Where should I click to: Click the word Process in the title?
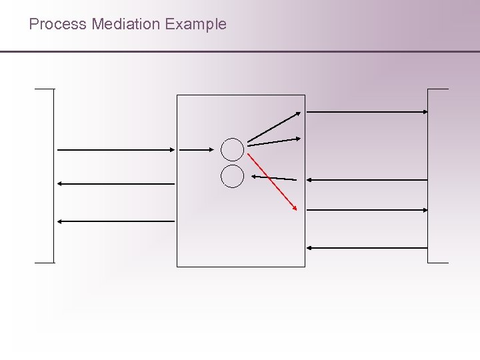[58, 25]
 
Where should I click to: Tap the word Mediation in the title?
[126, 25]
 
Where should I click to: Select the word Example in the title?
[196, 25]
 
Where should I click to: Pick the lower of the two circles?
[233, 176]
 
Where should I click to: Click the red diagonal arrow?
[271, 182]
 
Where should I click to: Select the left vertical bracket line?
[53, 175]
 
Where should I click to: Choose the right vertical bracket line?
[428, 175]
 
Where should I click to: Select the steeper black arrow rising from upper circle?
[274, 126]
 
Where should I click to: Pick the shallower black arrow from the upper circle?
[274, 141]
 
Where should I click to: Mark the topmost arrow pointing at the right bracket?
[367, 112]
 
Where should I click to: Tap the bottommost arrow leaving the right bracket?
[367, 248]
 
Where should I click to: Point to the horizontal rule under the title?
[240, 51]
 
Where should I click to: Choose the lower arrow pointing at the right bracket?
[367, 209]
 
